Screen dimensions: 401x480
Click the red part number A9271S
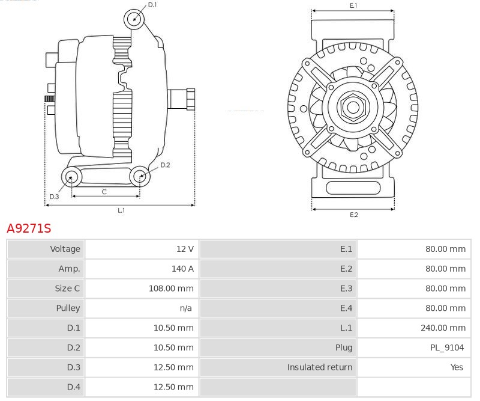[x=29, y=228]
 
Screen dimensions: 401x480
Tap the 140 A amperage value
[x=182, y=269]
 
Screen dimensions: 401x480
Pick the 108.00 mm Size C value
[x=171, y=289]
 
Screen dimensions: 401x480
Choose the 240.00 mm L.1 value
[x=443, y=328]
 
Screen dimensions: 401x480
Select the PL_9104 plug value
[x=446, y=347]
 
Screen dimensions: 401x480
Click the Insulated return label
[x=319, y=367]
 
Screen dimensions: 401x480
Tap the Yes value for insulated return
[x=457, y=367]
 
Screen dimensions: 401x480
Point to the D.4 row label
[x=71, y=387]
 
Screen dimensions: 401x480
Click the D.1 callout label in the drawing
[x=152, y=5]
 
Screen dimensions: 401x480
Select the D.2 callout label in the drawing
[x=165, y=165]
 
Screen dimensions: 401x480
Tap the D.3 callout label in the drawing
[x=54, y=197]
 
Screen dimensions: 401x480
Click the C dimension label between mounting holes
[x=104, y=192]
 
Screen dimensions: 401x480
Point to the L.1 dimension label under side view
[x=121, y=210]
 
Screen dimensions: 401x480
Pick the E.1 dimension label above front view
[x=353, y=5]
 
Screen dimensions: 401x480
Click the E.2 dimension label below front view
[x=353, y=215]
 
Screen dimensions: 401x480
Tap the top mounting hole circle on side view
[x=134, y=19]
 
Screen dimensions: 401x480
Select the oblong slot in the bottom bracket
[x=353, y=188]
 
